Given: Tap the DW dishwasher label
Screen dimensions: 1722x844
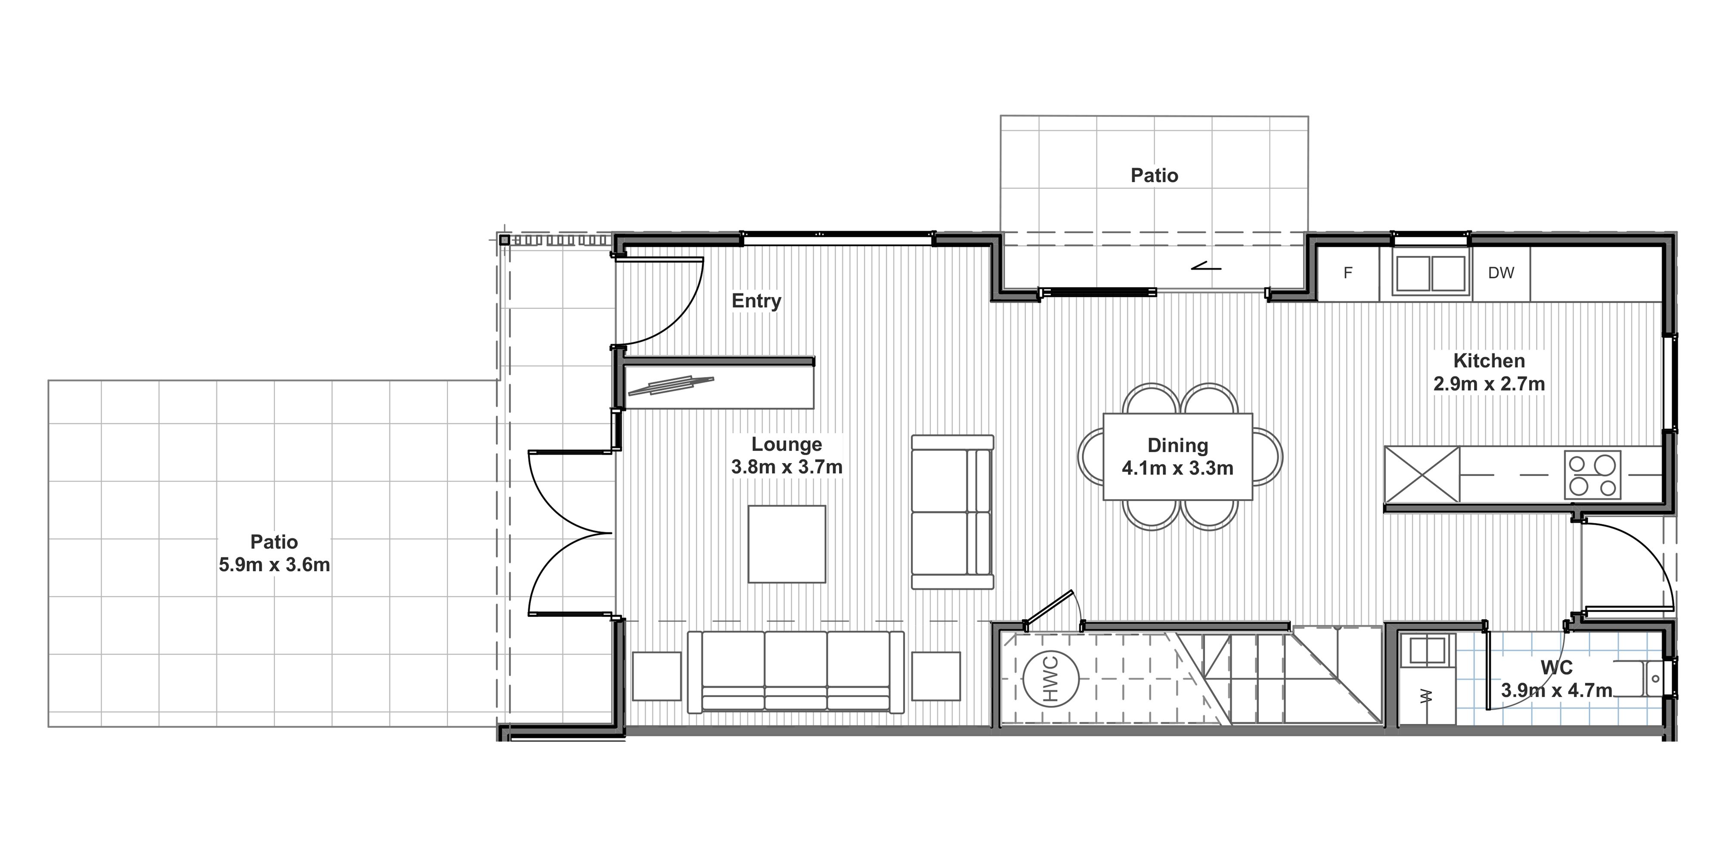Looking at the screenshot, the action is coord(1501,272).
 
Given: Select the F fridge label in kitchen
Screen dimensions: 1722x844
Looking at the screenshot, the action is coord(1347,272).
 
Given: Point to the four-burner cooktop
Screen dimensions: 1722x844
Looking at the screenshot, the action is coord(1592,474).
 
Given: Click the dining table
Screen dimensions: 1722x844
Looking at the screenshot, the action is coord(1177,456).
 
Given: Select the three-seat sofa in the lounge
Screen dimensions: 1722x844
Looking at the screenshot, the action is coord(796,671).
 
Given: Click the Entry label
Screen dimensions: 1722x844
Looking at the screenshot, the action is coord(756,301).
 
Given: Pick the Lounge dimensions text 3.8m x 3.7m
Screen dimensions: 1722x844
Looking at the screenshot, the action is coord(787,467).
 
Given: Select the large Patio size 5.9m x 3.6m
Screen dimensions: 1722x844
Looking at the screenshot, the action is coord(274,565).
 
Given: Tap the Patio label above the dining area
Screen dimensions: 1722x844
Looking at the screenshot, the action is coord(1155,175).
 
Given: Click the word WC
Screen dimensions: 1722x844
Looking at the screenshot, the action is coord(1557,667).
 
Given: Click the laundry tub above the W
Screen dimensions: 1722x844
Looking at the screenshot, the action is coord(1427,650).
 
